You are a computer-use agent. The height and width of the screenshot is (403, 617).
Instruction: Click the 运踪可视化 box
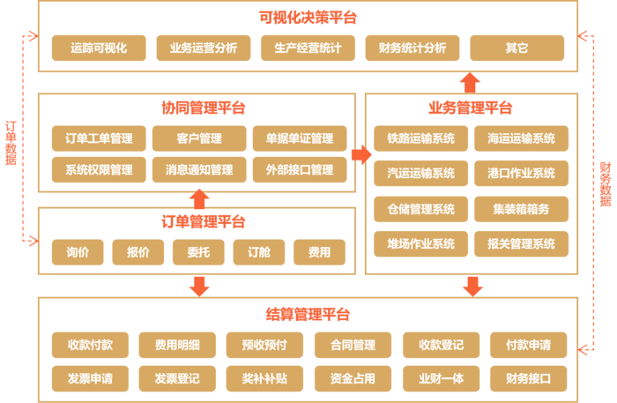click(x=99, y=48)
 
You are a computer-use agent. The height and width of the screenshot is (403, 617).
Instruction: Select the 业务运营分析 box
click(x=203, y=48)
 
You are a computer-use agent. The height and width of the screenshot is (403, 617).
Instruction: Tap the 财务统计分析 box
click(x=412, y=48)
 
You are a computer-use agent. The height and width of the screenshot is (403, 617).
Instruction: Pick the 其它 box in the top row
click(x=517, y=48)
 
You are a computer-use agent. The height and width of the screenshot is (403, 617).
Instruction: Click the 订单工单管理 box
click(x=99, y=138)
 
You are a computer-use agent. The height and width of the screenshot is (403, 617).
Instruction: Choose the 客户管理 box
click(x=198, y=138)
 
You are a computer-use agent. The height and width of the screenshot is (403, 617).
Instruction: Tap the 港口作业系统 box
click(x=520, y=174)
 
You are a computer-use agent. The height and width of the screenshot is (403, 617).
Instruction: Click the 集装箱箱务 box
click(x=520, y=209)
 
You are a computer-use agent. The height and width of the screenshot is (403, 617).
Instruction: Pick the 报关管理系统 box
click(x=520, y=244)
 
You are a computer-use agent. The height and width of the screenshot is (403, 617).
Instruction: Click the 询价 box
click(x=77, y=252)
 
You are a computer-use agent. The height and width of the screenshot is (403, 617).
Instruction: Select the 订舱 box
click(x=258, y=252)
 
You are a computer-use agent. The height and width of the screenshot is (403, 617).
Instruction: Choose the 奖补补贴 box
click(x=256, y=379)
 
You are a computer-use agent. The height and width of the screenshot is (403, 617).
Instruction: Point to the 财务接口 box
click(x=528, y=379)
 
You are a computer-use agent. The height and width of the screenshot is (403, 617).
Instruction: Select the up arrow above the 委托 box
click(x=200, y=198)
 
